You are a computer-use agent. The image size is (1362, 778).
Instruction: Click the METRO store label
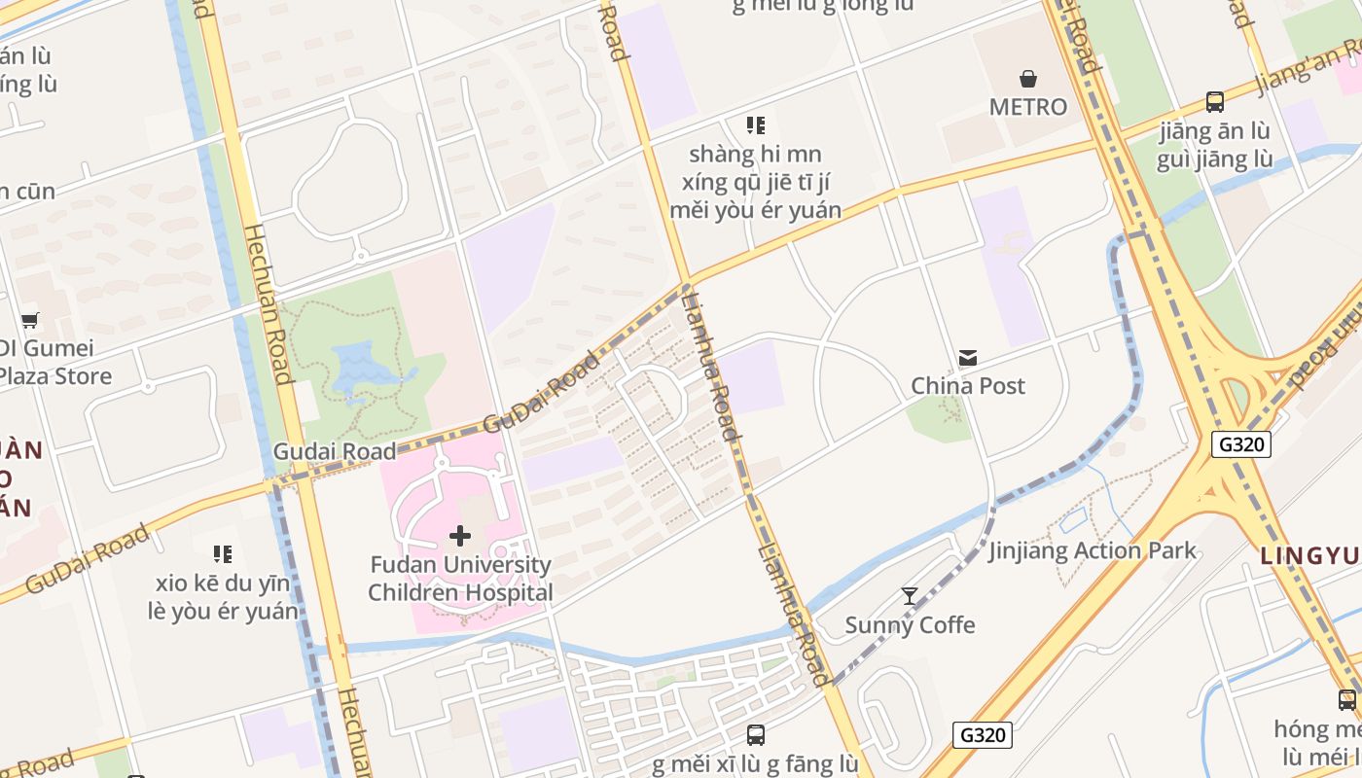(x=1028, y=107)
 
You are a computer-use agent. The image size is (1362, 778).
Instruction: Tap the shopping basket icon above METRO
(x=1028, y=78)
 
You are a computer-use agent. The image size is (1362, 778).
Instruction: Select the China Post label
(x=968, y=386)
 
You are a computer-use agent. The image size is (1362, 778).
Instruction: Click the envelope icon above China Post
(x=968, y=358)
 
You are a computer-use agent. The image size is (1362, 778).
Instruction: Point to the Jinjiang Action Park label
(x=1093, y=550)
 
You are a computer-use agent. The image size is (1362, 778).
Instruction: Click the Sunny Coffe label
(x=910, y=625)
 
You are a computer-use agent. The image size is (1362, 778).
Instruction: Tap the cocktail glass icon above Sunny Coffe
(x=910, y=596)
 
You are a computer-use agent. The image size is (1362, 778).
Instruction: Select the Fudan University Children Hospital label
(x=460, y=579)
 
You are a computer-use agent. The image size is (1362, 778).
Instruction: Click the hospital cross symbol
(x=460, y=536)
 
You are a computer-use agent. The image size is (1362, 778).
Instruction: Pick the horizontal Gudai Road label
(x=335, y=451)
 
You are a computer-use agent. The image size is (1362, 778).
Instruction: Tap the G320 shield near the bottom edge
(x=983, y=735)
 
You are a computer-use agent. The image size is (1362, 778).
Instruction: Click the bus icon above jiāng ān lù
(x=1215, y=101)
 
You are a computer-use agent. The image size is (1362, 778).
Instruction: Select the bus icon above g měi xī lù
(x=756, y=735)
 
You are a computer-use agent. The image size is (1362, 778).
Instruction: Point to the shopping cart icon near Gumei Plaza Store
(x=30, y=320)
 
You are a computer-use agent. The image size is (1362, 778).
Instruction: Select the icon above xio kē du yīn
(x=223, y=554)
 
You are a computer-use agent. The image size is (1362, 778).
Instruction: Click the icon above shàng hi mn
(x=756, y=125)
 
